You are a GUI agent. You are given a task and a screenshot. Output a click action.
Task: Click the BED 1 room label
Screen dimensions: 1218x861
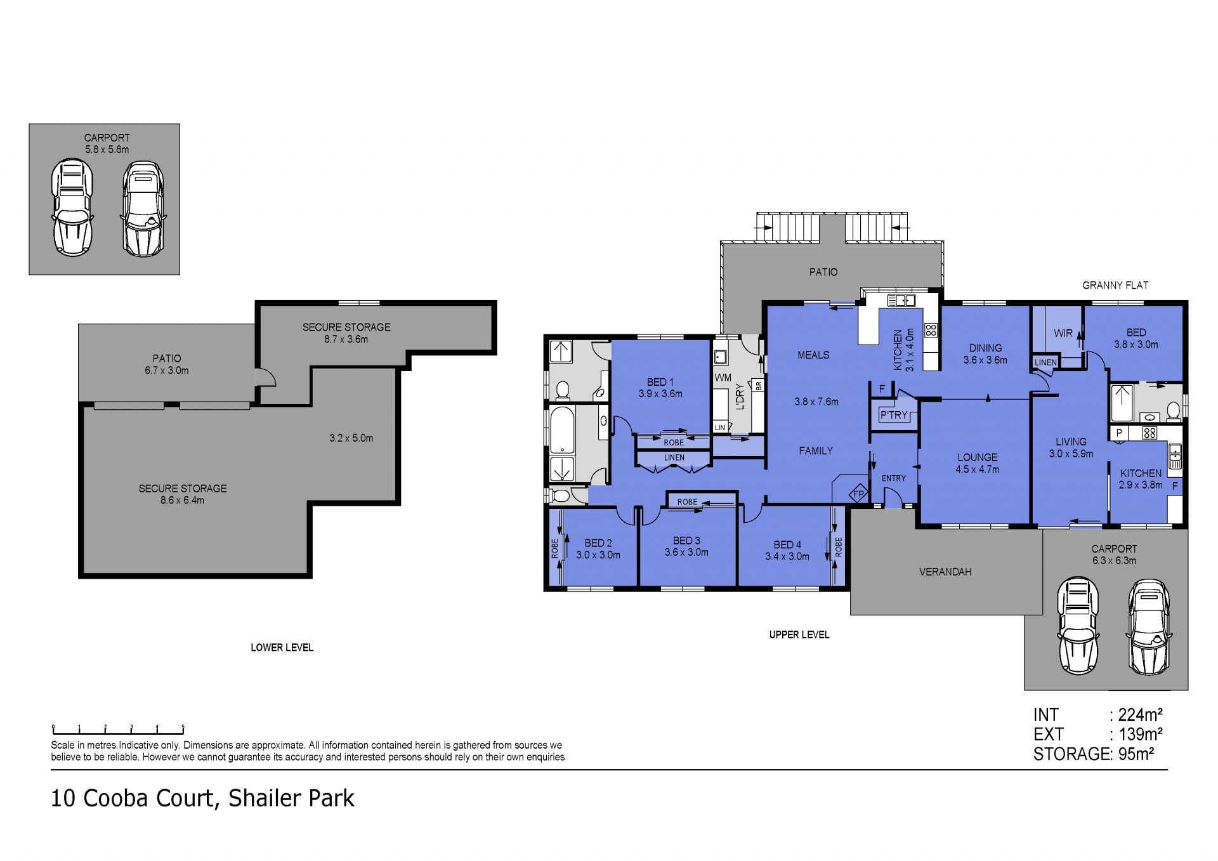point(660,382)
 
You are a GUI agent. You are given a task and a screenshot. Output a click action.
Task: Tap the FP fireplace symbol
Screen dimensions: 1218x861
point(859,494)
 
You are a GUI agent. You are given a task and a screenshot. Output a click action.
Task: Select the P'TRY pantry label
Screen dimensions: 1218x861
point(894,415)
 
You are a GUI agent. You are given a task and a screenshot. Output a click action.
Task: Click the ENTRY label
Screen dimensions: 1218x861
point(894,478)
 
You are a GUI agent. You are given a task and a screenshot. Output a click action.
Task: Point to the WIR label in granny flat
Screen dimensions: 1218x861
point(1063,333)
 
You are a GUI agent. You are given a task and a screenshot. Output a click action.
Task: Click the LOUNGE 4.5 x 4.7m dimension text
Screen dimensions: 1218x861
point(978,470)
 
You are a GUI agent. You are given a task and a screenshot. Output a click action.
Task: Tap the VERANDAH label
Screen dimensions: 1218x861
point(945,572)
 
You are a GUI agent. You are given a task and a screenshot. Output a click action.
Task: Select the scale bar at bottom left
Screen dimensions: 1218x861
point(118,730)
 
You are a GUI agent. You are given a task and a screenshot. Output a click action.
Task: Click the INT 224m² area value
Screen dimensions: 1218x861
point(1140,715)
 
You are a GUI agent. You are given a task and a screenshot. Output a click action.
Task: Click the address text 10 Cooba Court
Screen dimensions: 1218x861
point(133,798)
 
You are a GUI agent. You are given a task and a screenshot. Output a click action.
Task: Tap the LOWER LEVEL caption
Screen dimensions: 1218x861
point(282,647)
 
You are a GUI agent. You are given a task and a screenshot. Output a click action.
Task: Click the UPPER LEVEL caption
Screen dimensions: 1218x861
point(799,634)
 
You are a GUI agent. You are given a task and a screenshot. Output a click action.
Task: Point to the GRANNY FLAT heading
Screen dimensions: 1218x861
point(1115,286)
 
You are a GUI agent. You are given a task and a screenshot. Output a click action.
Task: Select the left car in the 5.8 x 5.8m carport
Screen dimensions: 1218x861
point(72,208)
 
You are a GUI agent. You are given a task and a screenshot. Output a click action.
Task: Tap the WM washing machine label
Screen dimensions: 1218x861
point(723,378)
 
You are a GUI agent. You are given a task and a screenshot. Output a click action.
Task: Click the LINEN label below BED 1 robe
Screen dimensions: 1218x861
point(674,457)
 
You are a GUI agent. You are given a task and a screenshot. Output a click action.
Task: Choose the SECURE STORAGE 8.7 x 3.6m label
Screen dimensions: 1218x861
point(346,333)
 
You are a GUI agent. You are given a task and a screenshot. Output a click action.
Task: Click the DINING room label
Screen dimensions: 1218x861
point(985,348)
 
